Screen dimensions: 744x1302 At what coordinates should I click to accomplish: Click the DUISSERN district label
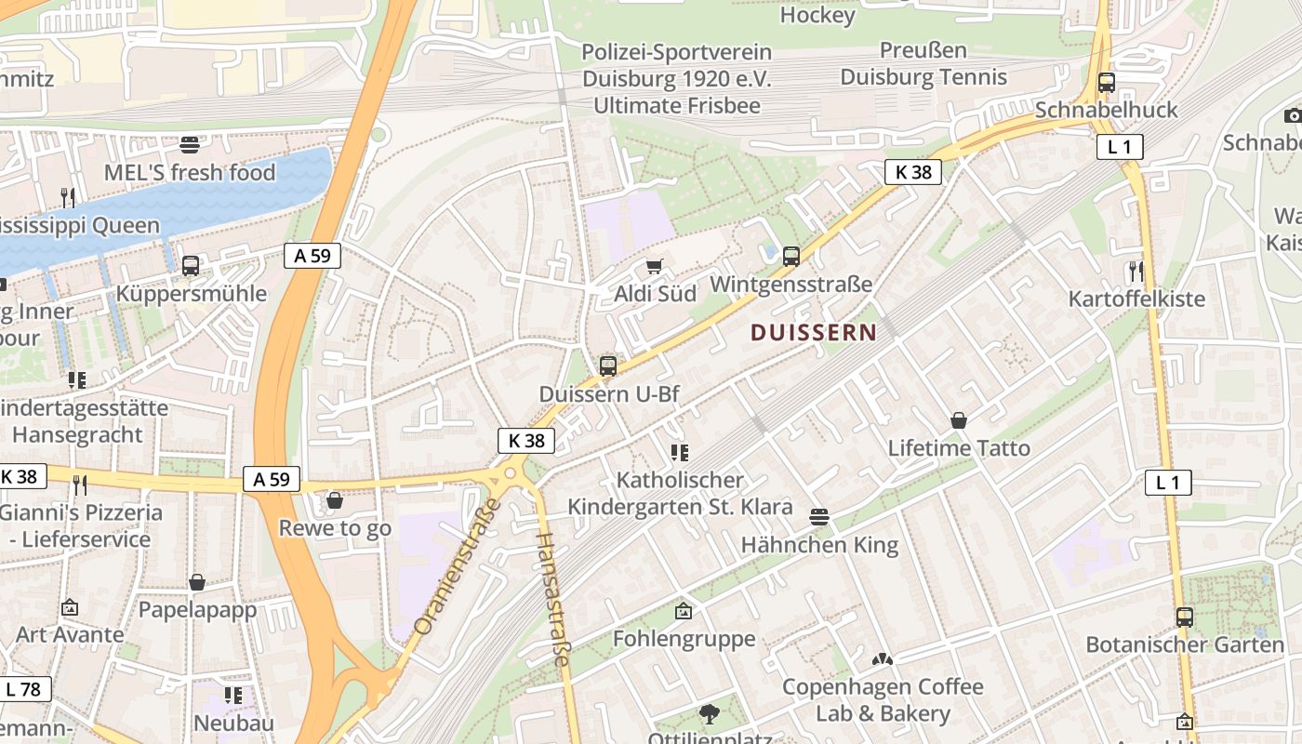click(x=813, y=332)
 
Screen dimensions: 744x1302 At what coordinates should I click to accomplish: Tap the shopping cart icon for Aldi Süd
click(x=655, y=267)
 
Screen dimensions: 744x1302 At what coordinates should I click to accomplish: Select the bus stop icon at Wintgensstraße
click(x=791, y=257)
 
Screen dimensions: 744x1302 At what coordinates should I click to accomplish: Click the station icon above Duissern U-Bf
click(x=608, y=365)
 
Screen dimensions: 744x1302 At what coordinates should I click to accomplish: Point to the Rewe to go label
click(x=335, y=528)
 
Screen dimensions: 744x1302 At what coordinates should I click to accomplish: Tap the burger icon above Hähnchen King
click(x=819, y=516)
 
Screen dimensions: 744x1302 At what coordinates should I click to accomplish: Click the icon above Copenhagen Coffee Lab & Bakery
click(x=882, y=659)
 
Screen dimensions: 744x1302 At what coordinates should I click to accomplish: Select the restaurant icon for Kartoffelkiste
click(x=1136, y=272)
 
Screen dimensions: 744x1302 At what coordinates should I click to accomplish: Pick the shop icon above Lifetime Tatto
click(x=959, y=420)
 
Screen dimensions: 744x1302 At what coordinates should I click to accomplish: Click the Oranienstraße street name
click(x=457, y=568)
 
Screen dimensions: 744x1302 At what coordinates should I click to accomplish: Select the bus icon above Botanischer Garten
click(x=1185, y=617)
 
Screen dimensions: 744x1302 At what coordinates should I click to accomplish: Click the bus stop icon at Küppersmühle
click(x=191, y=266)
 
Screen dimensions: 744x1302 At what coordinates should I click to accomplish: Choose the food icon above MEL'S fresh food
click(x=190, y=144)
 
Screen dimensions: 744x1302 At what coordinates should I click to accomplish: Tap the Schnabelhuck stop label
click(x=1106, y=110)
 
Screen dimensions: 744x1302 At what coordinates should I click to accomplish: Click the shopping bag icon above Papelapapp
click(x=197, y=582)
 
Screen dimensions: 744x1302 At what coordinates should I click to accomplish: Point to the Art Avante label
click(x=70, y=634)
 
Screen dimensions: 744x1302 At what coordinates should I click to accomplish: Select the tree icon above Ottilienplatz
click(x=710, y=714)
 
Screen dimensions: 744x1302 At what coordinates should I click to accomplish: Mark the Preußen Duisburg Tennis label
click(x=923, y=63)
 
